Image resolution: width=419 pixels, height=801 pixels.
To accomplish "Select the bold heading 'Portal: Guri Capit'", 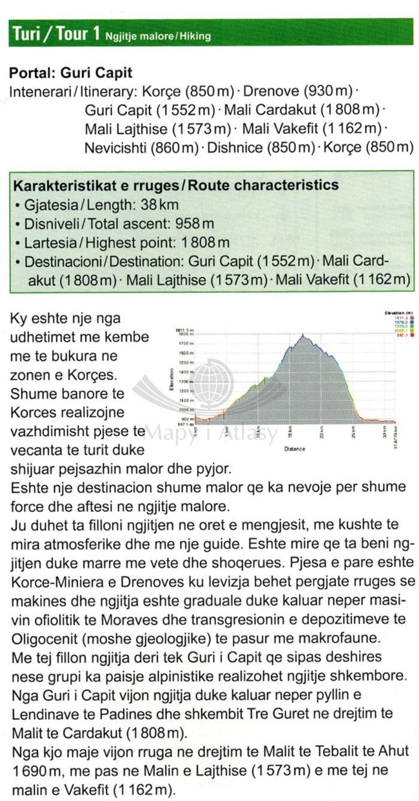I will [71, 73].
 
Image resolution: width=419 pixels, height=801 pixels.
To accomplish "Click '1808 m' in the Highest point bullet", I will [205, 243].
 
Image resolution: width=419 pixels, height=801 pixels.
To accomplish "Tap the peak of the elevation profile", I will [303, 335].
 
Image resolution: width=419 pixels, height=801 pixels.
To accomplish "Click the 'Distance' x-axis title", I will [294, 448].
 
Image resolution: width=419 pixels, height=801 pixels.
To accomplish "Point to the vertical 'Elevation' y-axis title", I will [171, 380].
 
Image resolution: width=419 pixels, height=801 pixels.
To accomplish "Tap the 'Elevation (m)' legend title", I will [399, 313].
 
